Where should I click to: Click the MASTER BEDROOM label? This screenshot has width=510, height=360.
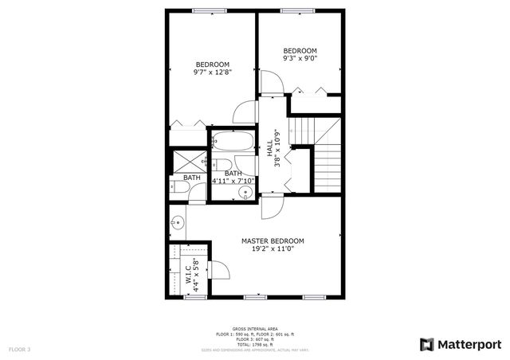273,241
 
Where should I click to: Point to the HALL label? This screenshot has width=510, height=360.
270,149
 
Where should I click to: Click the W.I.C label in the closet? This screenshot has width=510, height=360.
189,276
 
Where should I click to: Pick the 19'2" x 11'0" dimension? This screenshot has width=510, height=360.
273,249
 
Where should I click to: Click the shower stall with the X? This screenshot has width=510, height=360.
189,160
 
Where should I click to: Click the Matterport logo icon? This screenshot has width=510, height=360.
427,344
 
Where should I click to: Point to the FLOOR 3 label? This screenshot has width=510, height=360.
20,349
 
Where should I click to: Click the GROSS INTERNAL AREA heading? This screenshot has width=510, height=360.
255,328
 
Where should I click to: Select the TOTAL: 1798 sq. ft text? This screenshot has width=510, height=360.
255,342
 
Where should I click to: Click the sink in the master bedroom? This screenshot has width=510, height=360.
178,223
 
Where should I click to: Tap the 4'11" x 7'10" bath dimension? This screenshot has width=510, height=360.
233,182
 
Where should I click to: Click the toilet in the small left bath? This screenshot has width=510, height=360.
178,189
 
